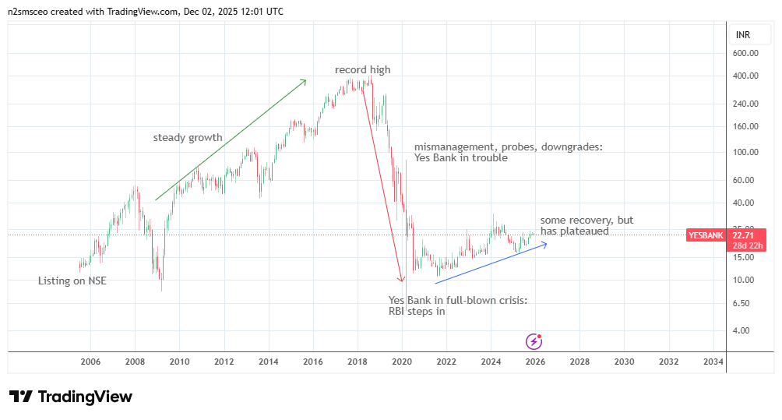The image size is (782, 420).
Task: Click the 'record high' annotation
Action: click(362, 70)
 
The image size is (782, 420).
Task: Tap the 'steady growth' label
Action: click(188, 138)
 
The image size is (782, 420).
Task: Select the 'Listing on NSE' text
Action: click(72, 281)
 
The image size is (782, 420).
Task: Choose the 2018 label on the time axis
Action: click(358, 362)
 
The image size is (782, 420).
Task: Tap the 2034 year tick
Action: click(713, 362)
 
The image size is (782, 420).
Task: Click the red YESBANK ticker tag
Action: click(706, 235)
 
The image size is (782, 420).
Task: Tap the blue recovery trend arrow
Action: click(491, 263)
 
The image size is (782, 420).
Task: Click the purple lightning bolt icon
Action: click(534, 341)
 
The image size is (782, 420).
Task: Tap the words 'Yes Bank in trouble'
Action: click(460, 157)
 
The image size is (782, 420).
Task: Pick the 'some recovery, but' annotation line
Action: click(586, 221)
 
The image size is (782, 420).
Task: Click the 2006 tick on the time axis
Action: click(90, 362)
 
